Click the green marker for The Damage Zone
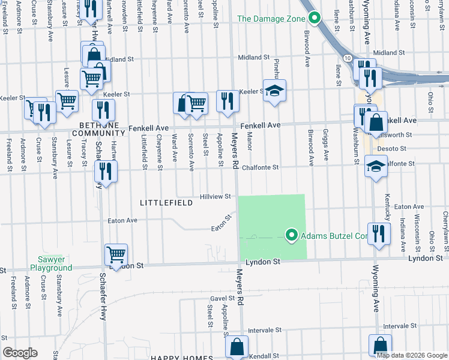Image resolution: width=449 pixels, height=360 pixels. pos(312,18)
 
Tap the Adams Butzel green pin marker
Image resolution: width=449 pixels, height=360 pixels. pos(292,236)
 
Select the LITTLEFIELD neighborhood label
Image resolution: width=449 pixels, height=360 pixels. pos(166,203)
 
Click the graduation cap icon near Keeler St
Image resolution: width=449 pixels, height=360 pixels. pos(275,91)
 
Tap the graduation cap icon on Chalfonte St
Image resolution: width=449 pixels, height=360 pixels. pos(376,166)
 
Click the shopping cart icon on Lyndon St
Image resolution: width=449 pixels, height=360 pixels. pos(116,254)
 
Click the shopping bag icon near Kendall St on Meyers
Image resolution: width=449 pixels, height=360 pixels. pos(237,346)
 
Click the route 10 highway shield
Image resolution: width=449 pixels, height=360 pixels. pos(348,57)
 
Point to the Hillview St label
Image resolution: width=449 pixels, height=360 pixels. pos(215,196)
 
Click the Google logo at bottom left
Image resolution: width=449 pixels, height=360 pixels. pos(20,353)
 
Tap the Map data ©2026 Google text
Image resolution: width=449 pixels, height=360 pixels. pos(411,355)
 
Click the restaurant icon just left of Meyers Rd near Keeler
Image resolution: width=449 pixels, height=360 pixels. pos(227,100)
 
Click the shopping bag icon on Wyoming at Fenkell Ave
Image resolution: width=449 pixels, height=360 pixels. pos(376,122)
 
